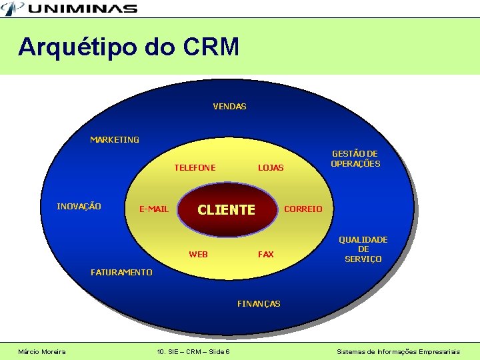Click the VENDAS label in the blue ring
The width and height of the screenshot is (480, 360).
[x=229, y=106]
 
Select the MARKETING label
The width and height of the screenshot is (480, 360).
[x=115, y=139]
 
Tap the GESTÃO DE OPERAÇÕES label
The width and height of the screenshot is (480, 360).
[x=355, y=159]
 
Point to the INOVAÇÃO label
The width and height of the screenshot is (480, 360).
[x=79, y=206]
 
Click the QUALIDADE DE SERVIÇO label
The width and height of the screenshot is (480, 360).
[x=363, y=249]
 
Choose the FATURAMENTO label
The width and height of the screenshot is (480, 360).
[x=121, y=272]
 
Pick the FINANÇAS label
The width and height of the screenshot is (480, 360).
[x=259, y=303]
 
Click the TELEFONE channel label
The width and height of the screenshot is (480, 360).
[x=195, y=167]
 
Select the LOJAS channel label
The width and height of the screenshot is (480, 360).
[x=271, y=167]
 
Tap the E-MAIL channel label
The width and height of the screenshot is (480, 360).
[x=153, y=209]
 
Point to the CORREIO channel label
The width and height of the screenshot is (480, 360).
[x=303, y=209]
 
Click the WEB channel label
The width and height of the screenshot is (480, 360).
[x=198, y=254]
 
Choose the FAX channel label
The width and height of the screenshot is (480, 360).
[x=266, y=254]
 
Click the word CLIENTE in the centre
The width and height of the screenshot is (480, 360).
[x=227, y=210]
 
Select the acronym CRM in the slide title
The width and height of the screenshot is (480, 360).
[x=210, y=47]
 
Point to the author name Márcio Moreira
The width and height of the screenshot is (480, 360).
[x=42, y=351]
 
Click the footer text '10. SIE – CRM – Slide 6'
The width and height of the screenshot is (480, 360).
[x=193, y=351]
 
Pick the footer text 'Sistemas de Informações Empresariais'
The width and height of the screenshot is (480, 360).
[x=398, y=351]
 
